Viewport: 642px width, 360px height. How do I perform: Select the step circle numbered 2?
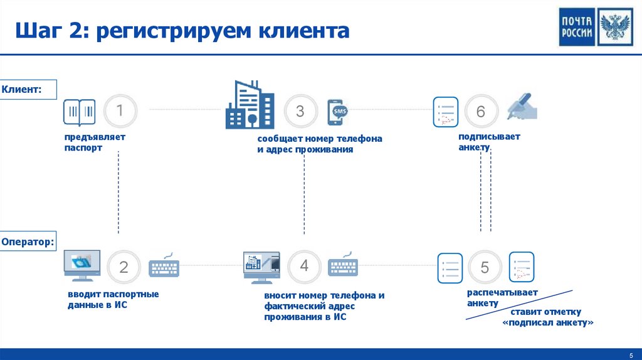click(x=124, y=267)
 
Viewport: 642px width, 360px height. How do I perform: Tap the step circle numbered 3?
click(x=300, y=111)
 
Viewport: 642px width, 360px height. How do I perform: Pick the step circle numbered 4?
click(x=304, y=266)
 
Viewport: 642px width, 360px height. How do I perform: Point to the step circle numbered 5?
click(x=485, y=267)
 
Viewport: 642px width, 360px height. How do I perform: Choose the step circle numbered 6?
click(x=481, y=112)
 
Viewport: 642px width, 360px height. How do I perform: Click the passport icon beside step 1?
click(x=79, y=112)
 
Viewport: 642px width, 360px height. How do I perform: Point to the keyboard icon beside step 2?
click(x=164, y=267)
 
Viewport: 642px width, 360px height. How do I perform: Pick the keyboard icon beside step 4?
click(x=344, y=265)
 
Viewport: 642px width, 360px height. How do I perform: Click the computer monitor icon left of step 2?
click(x=82, y=266)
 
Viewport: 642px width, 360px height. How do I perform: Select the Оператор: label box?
click(x=28, y=241)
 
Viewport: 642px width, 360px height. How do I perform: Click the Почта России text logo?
click(x=577, y=28)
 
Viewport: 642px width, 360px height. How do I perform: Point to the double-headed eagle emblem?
click(x=615, y=28)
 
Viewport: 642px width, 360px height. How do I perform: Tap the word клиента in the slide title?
click(x=303, y=31)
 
